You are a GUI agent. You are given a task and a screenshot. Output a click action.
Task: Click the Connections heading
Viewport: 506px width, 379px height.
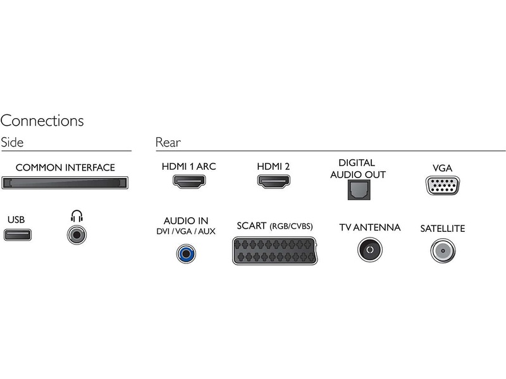pos(42,120)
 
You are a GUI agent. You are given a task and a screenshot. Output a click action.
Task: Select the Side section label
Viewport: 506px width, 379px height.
pos(12,143)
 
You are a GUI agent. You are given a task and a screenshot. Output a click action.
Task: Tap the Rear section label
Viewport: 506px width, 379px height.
pos(168,143)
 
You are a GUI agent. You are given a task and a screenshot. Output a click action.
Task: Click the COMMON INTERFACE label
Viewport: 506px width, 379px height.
pos(65,167)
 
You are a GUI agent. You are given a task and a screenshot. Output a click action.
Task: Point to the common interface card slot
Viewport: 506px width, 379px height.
pos(65,183)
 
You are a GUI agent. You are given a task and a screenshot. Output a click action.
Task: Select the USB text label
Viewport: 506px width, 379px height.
pos(16,220)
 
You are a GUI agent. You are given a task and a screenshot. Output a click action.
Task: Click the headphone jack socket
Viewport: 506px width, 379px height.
pos(77,236)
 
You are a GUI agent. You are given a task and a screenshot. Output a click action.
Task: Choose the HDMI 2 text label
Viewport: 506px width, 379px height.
pos(273,167)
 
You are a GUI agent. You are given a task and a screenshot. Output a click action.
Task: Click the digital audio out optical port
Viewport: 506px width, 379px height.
pos(357,189)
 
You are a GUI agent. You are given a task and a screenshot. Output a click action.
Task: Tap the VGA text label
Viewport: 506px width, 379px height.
pos(442,168)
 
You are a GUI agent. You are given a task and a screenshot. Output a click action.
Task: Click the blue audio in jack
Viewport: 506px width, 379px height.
pos(186,254)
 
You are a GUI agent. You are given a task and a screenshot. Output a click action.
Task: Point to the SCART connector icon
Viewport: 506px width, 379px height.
pos(275,251)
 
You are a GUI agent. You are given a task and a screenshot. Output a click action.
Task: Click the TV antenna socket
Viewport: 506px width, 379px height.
pos(369,251)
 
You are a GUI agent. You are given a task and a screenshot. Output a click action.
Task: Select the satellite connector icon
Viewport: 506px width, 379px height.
pos(442,251)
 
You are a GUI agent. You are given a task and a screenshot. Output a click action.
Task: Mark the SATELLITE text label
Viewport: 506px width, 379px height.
pos(442,229)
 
